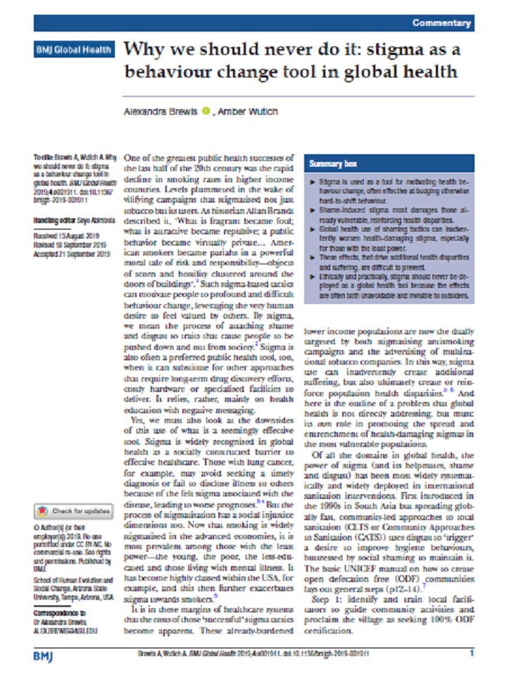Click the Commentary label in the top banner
click(x=442, y=23)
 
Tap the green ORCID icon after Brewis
click(x=206, y=111)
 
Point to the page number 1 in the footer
click(x=472, y=654)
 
